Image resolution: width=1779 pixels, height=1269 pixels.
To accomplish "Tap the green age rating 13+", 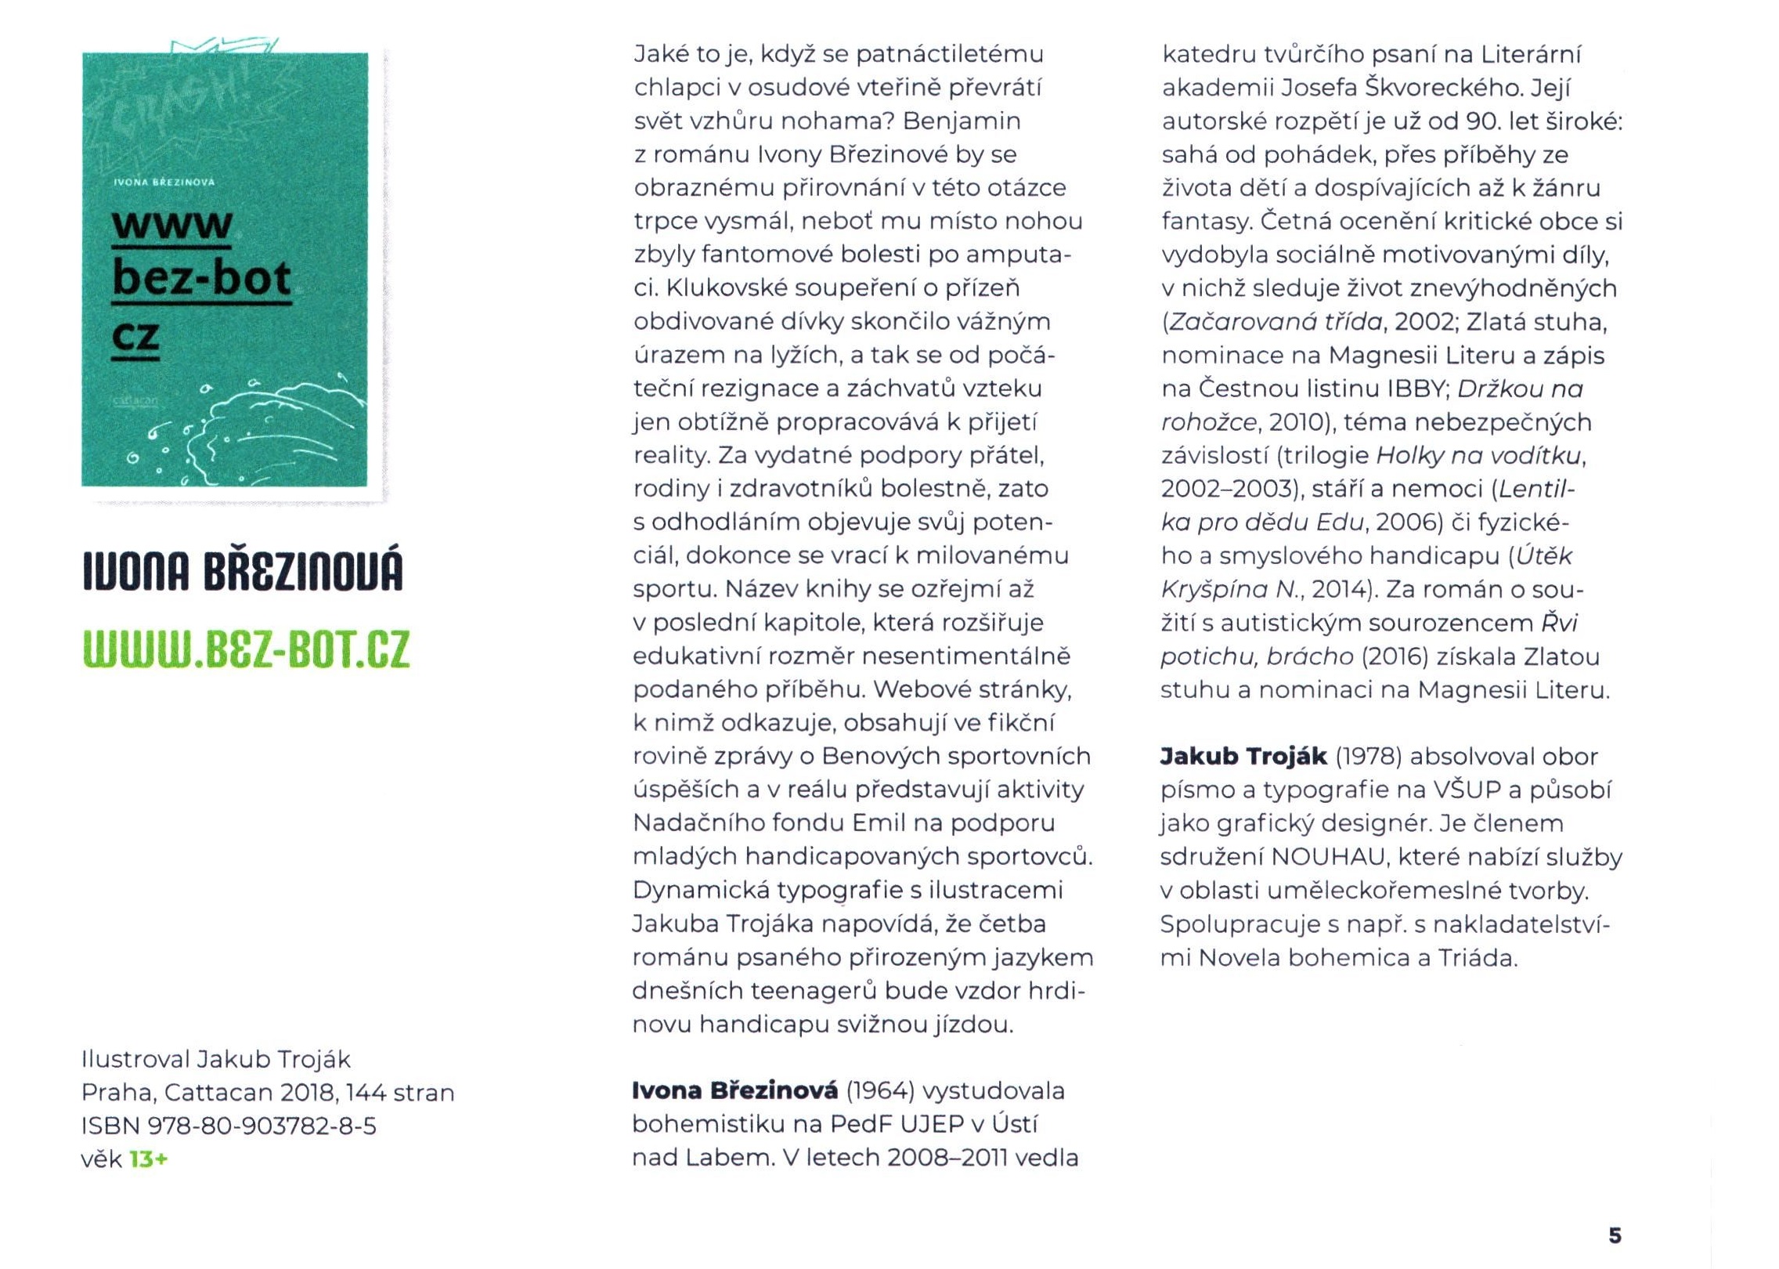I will (x=149, y=1159).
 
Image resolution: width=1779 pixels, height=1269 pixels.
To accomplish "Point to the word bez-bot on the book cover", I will (x=202, y=278).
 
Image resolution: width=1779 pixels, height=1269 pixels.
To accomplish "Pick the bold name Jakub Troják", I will (x=1243, y=756).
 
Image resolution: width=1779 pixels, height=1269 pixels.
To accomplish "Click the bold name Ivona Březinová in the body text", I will (x=734, y=1090).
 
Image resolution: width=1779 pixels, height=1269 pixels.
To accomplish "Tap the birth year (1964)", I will (x=881, y=1090).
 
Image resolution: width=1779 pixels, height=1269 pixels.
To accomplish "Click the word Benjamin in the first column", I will (x=962, y=121).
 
